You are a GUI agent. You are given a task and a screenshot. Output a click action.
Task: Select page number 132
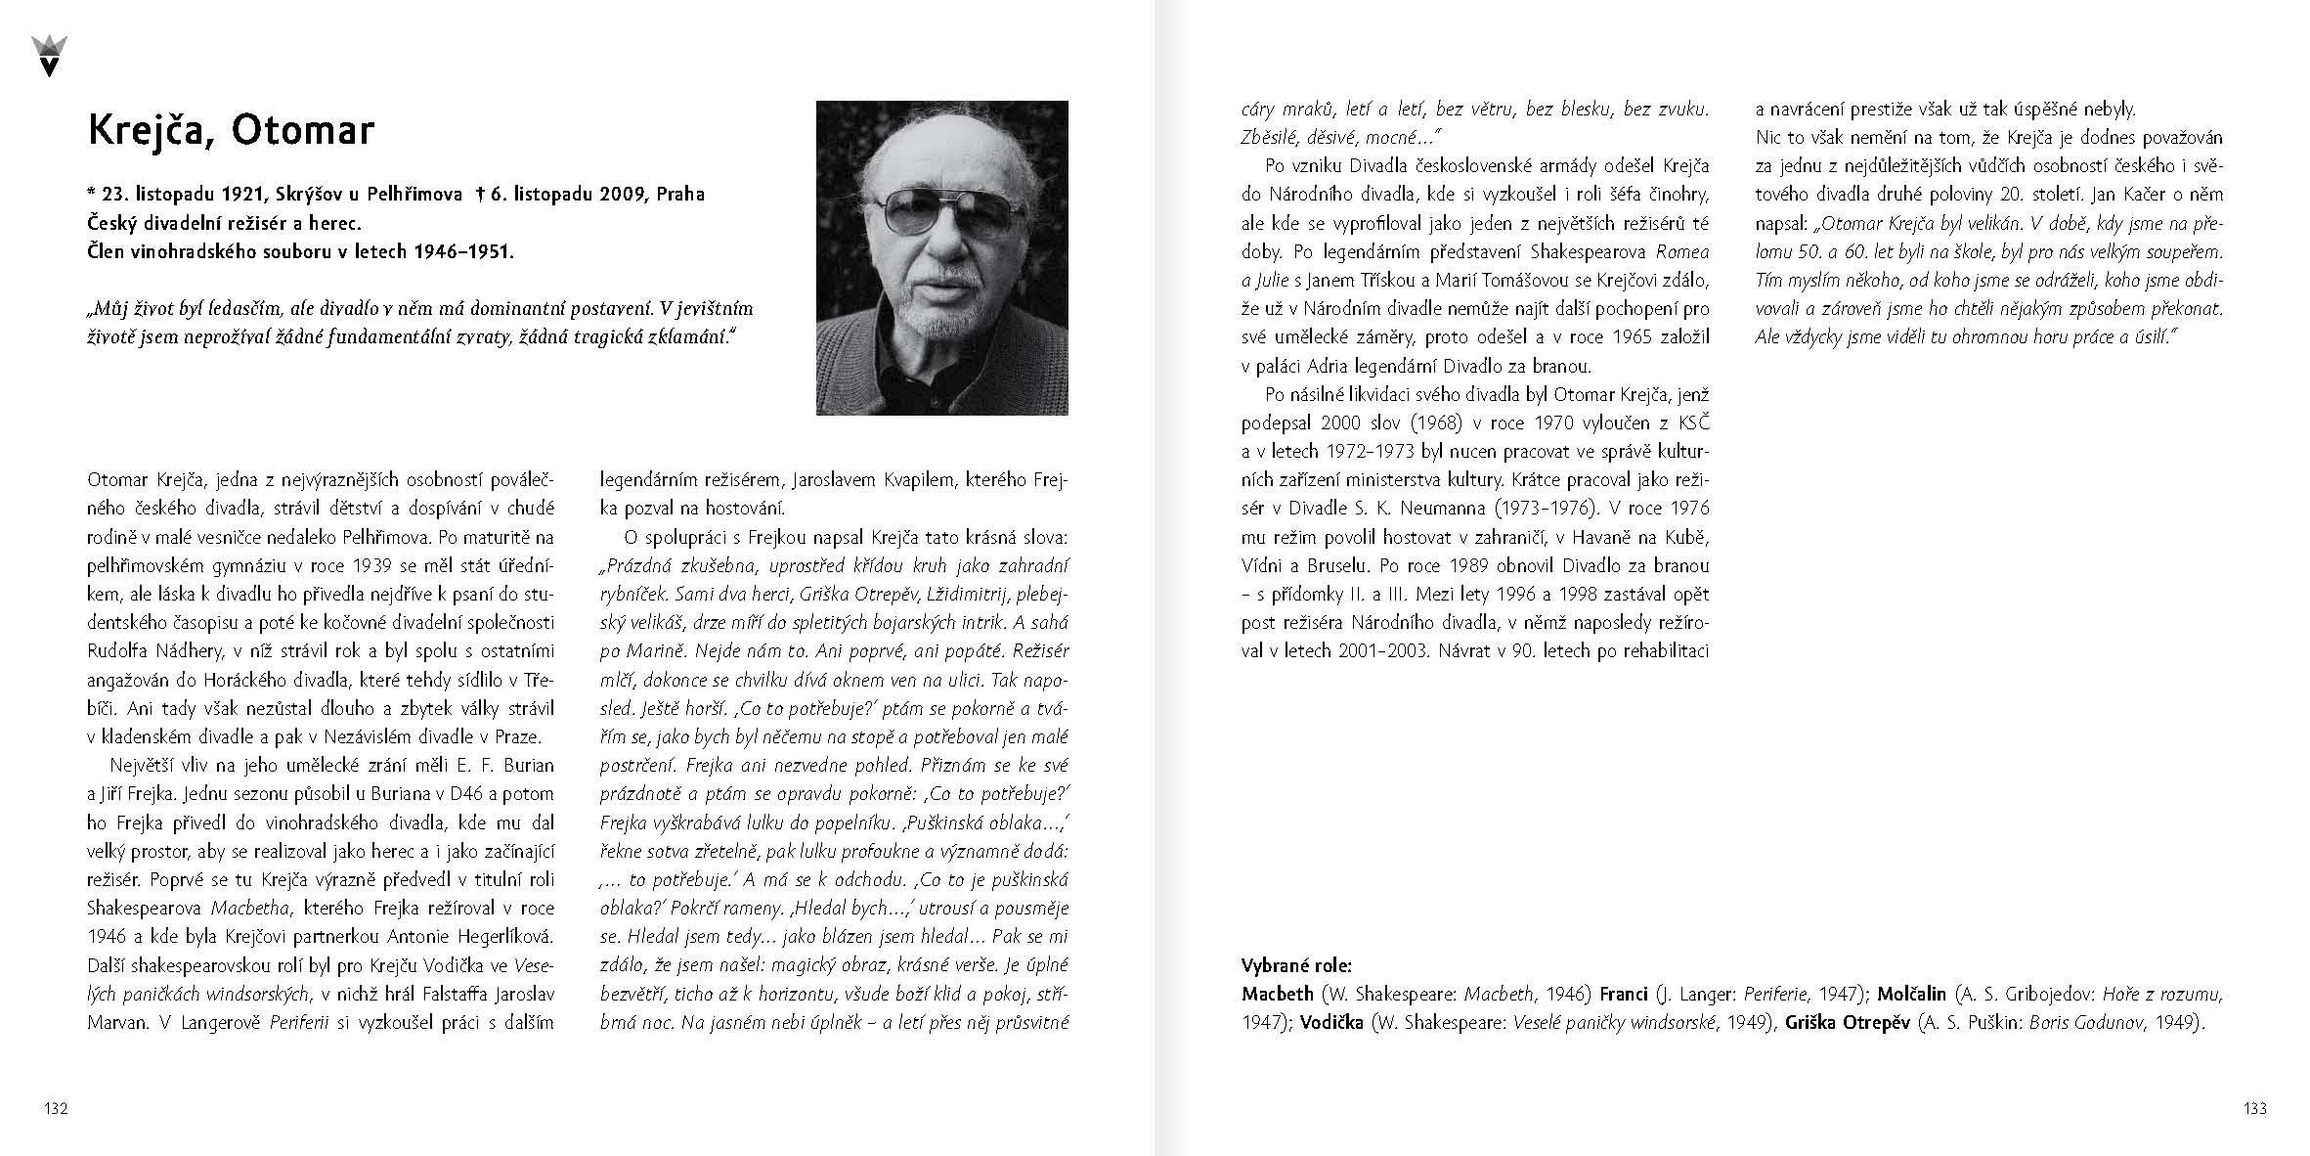coord(56,1108)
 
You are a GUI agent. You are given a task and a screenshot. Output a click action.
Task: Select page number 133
coord(2254,1108)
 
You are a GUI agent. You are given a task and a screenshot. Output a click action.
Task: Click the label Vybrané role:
coord(1296,965)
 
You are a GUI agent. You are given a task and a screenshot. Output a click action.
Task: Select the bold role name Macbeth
coord(1278,994)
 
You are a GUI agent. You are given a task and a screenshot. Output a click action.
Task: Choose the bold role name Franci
coord(1625,994)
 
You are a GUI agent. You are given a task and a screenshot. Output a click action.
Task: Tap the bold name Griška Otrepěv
coord(1847,1024)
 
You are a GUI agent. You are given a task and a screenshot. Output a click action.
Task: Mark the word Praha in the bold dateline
coord(680,194)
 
